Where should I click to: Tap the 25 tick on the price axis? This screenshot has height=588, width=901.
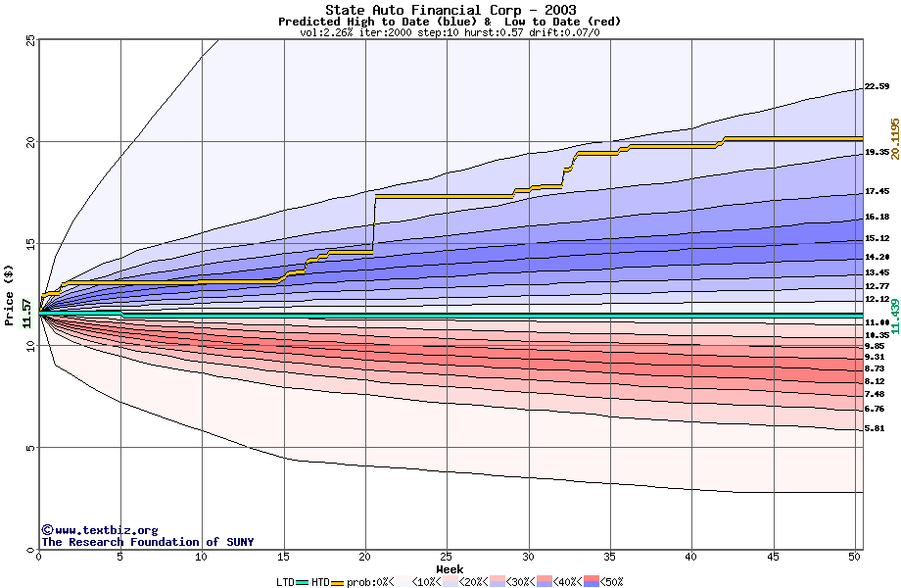point(30,40)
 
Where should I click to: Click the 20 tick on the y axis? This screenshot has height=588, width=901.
point(30,142)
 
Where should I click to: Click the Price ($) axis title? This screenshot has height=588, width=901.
point(10,294)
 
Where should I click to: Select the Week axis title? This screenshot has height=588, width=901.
point(450,568)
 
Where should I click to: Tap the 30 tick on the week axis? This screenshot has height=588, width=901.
point(528,557)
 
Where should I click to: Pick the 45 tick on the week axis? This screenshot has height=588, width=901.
point(773,557)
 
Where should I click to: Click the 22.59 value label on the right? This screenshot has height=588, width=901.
point(877,87)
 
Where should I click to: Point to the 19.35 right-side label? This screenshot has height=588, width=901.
point(877,153)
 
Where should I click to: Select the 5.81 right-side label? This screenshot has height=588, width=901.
point(875,429)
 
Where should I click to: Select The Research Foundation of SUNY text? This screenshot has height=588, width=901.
point(147,542)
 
